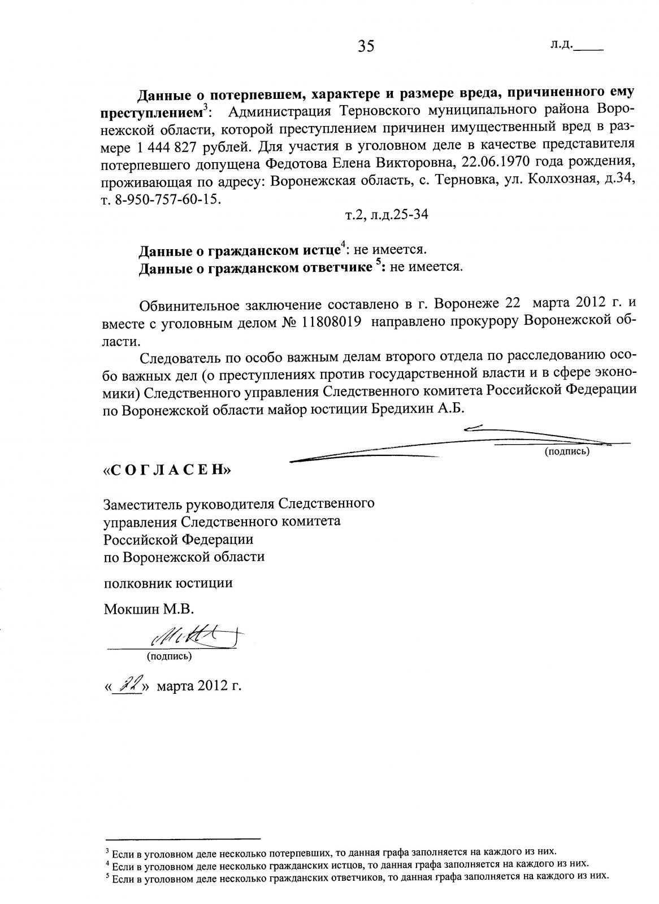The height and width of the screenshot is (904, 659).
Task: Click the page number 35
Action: (x=366, y=46)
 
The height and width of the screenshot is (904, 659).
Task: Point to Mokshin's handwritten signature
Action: (x=189, y=639)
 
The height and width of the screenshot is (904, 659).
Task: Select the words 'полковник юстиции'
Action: (x=168, y=583)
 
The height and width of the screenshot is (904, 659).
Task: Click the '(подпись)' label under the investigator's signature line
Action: (x=567, y=451)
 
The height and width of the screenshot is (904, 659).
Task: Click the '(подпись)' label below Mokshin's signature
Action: (x=169, y=656)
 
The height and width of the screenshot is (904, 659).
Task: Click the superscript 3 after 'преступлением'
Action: (x=206, y=106)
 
